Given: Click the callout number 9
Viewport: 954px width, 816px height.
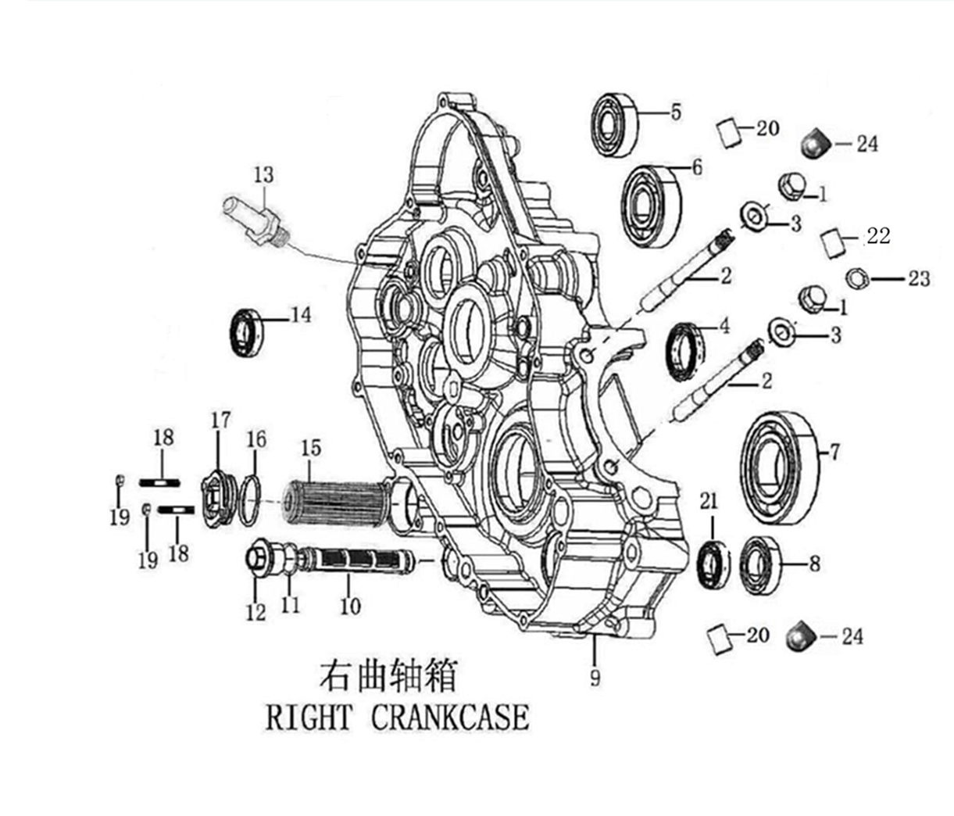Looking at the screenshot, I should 595,677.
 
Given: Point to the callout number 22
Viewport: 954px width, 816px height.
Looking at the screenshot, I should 878,235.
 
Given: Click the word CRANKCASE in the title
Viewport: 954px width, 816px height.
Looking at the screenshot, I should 449,717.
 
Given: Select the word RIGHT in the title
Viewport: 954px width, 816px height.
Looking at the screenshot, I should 308,717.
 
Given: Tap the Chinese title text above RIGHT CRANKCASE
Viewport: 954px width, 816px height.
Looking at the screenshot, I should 388,675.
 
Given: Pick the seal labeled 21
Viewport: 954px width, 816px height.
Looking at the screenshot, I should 713,561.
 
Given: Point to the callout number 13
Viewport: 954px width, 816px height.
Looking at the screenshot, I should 263,174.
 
